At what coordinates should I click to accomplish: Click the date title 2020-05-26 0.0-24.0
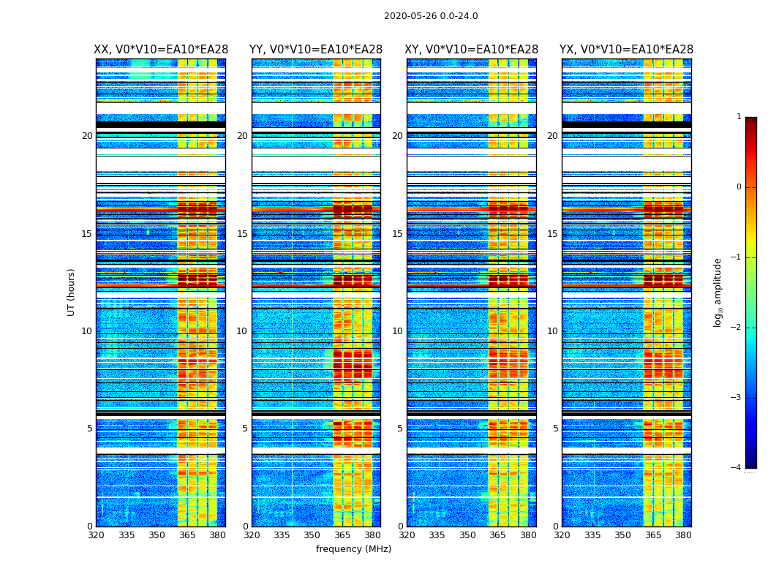click(431, 16)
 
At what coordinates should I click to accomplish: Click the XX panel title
click(161, 50)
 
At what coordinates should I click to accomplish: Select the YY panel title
click(316, 50)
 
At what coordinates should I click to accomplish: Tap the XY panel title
click(471, 50)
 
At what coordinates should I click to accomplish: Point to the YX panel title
click(626, 50)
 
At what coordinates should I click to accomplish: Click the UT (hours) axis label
click(72, 292)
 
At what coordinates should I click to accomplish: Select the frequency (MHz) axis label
click(353, 549)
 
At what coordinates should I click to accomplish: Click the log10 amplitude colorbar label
click(718, 292)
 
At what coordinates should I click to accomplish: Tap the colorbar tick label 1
click(738, 117)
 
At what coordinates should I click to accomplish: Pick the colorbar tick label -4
click(737, 468)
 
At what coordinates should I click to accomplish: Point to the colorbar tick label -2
click(737, 328)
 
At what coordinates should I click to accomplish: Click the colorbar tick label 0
click(738, 187)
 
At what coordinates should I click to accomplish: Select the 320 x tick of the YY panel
click(252, 535)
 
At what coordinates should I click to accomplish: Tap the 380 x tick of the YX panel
click(683, 535)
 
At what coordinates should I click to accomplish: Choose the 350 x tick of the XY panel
click(467, 535)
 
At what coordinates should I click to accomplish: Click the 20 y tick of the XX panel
click(87, 136)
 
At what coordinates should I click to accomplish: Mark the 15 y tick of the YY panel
click(242, 234)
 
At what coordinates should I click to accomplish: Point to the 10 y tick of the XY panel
click(397, 331)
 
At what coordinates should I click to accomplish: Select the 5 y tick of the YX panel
click(555, 429)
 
